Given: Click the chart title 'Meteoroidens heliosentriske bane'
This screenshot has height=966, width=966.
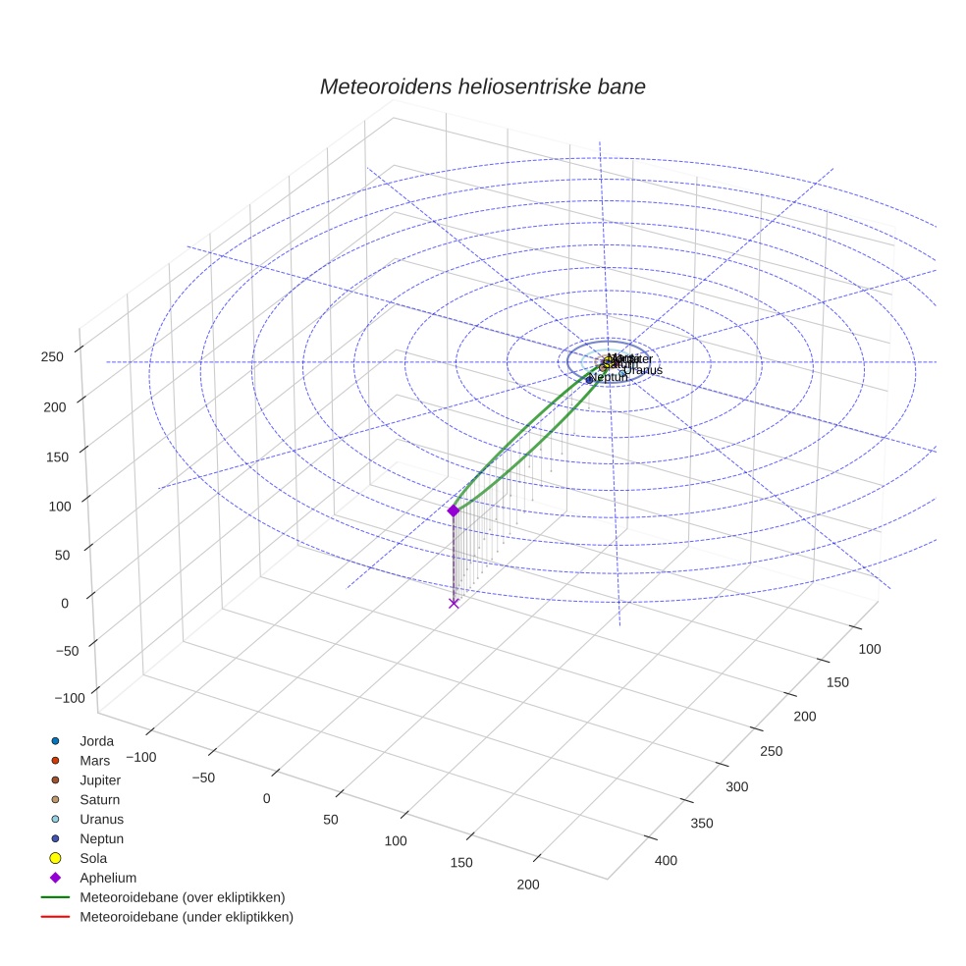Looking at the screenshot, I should pyautogui.click(x=482, y=86).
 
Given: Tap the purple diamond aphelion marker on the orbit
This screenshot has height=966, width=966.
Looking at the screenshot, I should pyautogui.click(x=454, y=510).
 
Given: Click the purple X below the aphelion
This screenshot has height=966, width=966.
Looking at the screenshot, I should pyautogui.click(x=454, y=603).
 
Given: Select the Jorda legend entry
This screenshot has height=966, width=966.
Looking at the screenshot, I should pyautogui.click(x=96, y=740).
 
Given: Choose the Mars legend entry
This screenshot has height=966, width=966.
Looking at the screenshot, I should pyautogui.click(x=94, y=760).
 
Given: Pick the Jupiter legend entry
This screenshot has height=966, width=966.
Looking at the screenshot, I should pyautogui.click(x=100, y=779).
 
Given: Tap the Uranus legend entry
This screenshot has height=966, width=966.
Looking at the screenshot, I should pyautogui.click(x=101, y=819).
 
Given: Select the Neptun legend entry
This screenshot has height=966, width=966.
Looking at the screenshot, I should pyautogui.click(x=101, y=838).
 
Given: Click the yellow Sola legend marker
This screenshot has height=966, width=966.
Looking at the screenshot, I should pyautogui.click(x=55, y=858).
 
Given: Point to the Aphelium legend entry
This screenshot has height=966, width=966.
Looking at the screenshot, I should pyautogui.click(x=107, y=878).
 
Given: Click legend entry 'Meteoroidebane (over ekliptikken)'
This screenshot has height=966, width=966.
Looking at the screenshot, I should pyautogui.click(x=182, y=897).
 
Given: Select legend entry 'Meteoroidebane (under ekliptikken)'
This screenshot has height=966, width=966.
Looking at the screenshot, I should pyautogui.click(x=186, y=917).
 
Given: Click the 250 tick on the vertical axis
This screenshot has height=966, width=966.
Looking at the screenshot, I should pyautogui.click(x=53, y=356).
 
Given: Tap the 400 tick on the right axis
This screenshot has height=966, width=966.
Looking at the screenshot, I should pyautogui.click(x=667, y=861).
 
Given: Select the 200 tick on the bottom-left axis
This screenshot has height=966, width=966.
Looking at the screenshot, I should pyautogui.click(x=527, y=885).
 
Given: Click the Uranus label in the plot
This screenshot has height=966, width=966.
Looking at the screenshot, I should pyautogui.click(x=643, y=370).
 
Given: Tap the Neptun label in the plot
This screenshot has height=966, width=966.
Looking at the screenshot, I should pyautogui.click(x=611, y=377).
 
